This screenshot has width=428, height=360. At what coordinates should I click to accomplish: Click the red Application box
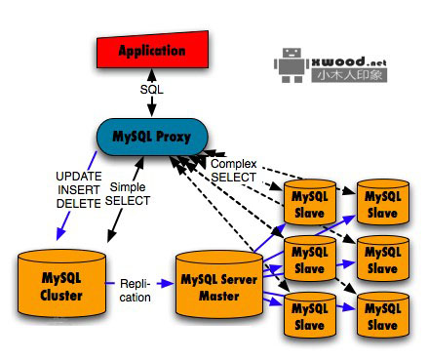tap(152, 49)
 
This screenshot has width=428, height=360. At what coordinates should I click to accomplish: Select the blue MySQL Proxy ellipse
tap(154, 134)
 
